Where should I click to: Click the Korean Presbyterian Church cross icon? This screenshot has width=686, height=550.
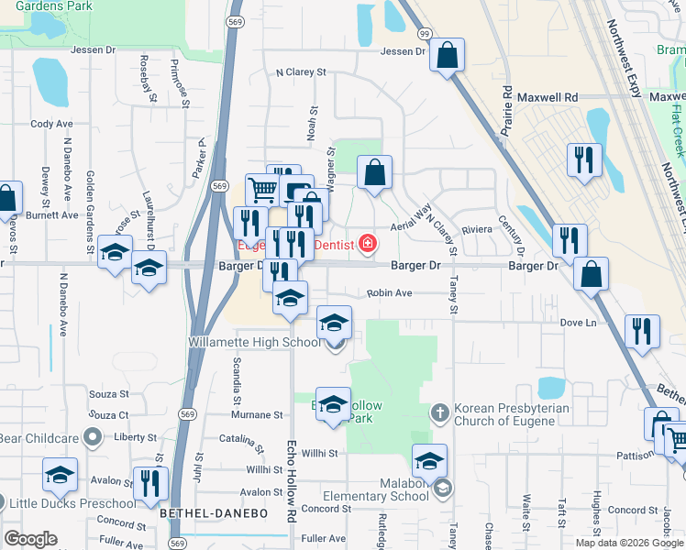[439, 412]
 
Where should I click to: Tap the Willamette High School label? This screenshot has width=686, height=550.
[254, 342]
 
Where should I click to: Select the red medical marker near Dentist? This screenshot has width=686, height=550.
[367, 243]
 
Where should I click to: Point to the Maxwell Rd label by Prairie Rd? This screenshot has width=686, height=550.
[548, 96]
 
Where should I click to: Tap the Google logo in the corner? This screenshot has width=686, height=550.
[30, 539]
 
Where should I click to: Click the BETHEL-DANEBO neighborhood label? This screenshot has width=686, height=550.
[214, 515]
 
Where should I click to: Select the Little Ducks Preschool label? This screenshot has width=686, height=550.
[61, 502]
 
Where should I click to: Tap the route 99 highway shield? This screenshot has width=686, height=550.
[425, 33]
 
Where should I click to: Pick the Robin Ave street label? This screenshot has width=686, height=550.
[389, 293]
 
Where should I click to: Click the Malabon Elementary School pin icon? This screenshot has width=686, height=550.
[444, 488]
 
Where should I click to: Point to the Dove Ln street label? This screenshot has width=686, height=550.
[578, 323]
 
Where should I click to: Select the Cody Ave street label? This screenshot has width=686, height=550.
[51, 124]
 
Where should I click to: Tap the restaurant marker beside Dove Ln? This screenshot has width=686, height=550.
[642, 331]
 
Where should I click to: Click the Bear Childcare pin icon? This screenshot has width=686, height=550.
[92, 438]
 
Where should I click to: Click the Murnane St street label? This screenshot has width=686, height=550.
[258, 415]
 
